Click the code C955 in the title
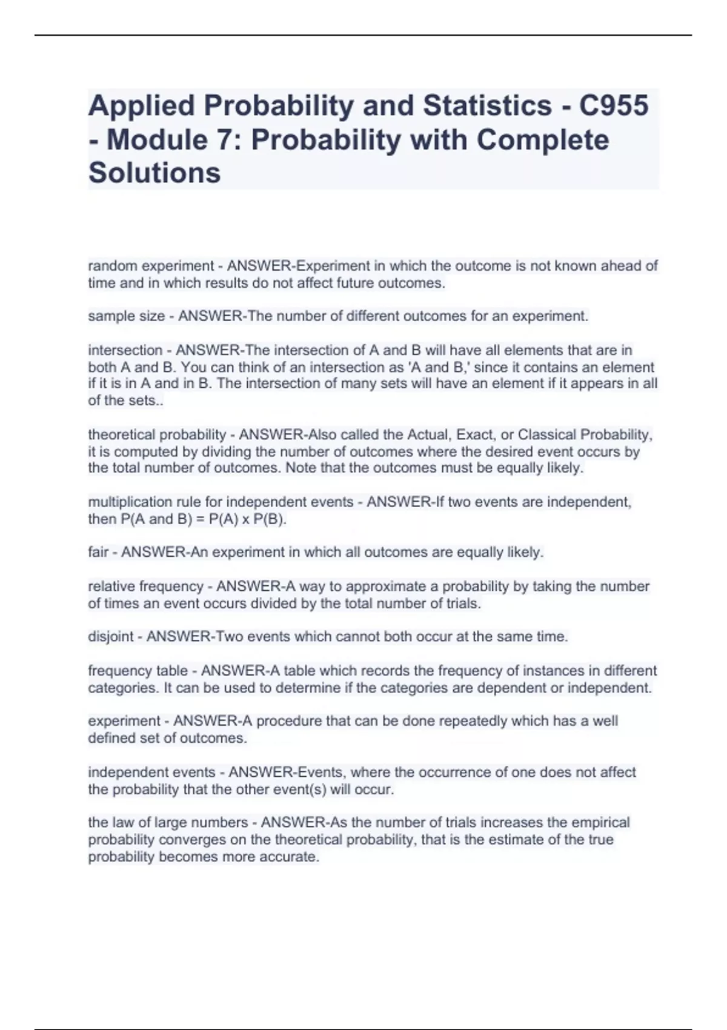[614, 105]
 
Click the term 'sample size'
[126, 316]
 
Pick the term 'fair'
[99, 553]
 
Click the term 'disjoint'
[110, 637]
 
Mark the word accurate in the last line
[293, 857]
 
